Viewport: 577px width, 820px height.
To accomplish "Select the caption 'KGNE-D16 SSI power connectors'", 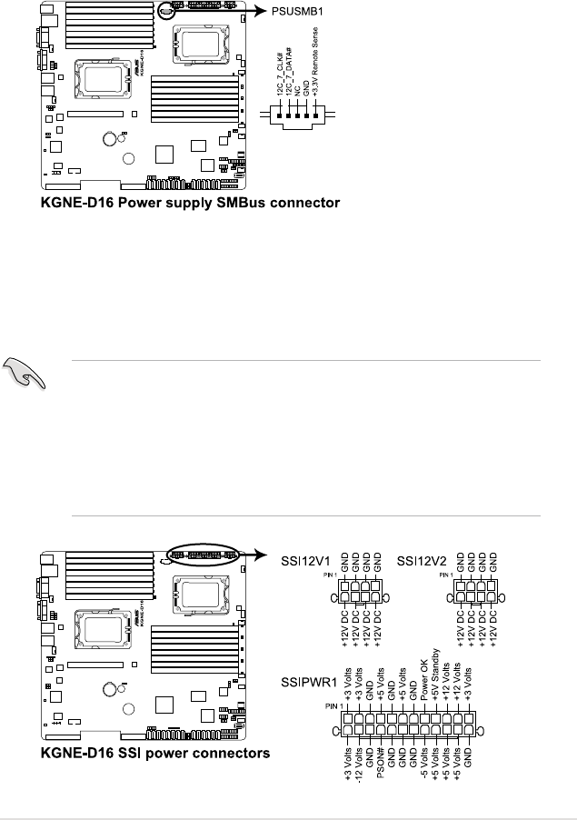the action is coord(153,753).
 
